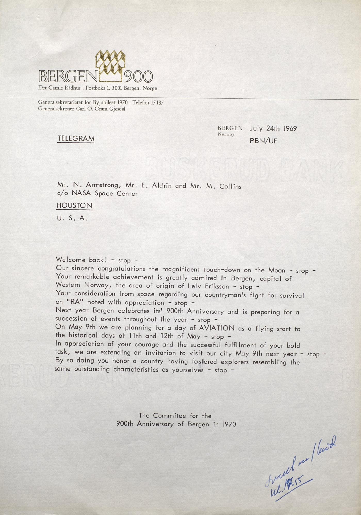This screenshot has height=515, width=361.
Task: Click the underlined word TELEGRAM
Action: [76, 139]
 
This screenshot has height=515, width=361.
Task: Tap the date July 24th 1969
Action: [273, 128]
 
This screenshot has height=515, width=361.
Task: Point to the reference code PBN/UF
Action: [263, 141]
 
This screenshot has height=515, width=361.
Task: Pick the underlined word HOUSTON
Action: [75, 205]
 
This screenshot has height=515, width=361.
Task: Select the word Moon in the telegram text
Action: [277, 270]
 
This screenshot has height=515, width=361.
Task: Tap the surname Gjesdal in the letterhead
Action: [117, 109]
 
